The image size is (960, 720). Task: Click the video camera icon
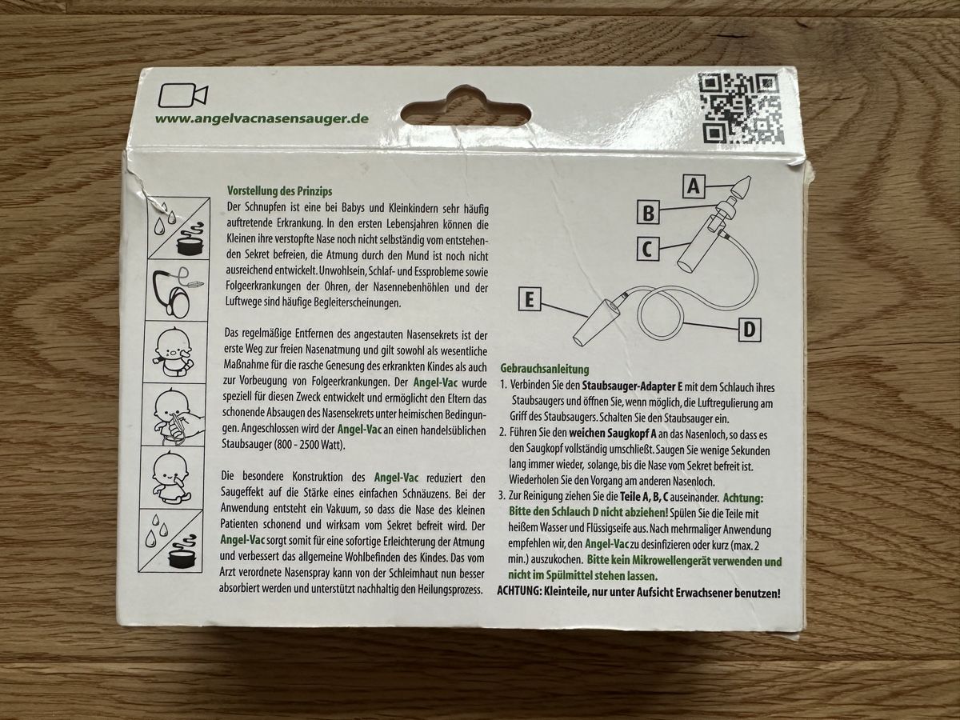click(182, 95)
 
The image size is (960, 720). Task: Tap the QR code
click(740, 109)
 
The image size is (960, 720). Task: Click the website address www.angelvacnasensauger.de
click(262, 119)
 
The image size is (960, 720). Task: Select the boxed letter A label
click(694, 186)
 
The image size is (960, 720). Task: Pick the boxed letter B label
click(649, 213)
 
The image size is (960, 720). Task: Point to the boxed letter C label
click(648, 250)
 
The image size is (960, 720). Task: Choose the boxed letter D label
click(750, 329)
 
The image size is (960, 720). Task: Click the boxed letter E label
click(530, 299)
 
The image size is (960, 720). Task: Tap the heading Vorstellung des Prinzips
click(279, 191)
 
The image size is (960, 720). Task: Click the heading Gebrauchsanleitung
click(545, 370)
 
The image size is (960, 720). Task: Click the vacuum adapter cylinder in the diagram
click(597, 323)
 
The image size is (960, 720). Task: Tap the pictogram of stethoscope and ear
click(176, 290)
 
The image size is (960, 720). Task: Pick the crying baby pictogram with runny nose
click(173, 352)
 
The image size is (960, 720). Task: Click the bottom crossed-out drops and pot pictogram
click(170, 541)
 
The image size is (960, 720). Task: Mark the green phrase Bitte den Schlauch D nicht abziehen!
click(588, 512)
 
